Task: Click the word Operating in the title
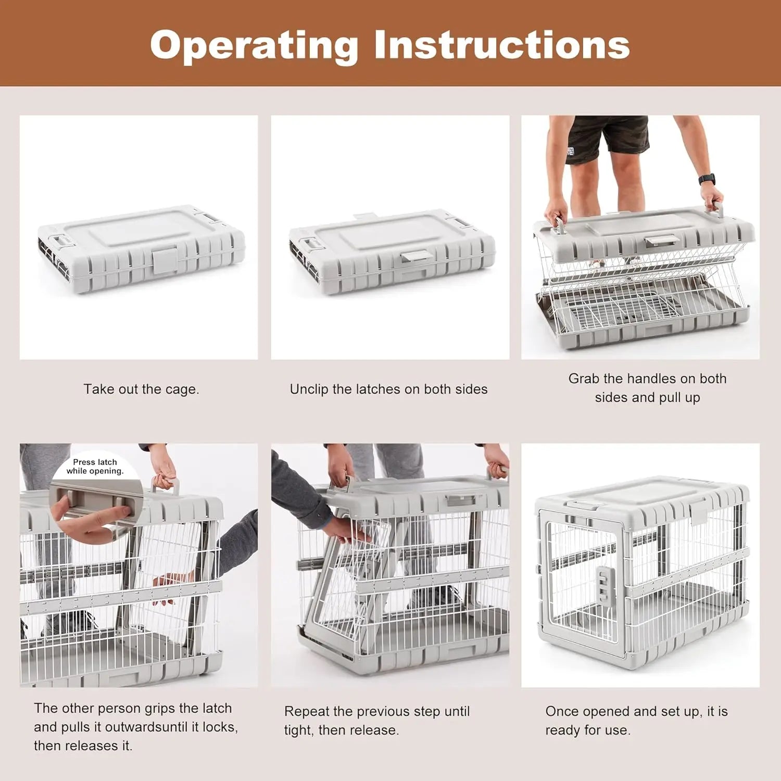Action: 254,46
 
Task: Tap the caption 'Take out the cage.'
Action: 141,389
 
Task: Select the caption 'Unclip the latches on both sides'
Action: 388,389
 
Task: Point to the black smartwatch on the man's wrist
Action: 707,179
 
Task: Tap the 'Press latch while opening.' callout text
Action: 95,467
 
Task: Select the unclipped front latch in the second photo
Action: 414,256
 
